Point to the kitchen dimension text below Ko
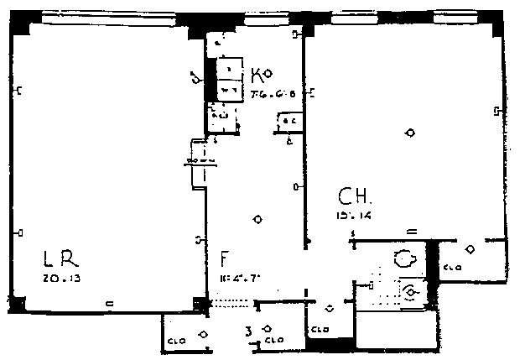pos(273,94)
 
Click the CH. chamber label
pos(355,198)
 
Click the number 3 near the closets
pos(248,331)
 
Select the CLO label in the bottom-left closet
pos(175,340)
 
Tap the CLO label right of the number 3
pos(273,342)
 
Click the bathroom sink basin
pos(411,291)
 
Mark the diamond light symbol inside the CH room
pos(410,133)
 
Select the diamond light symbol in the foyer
pos(258,220)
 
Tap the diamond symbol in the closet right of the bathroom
pos(470,248)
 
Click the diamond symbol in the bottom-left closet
pos(204,334)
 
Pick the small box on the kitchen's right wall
pos(290,123)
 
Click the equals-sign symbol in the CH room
pos(411,229)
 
